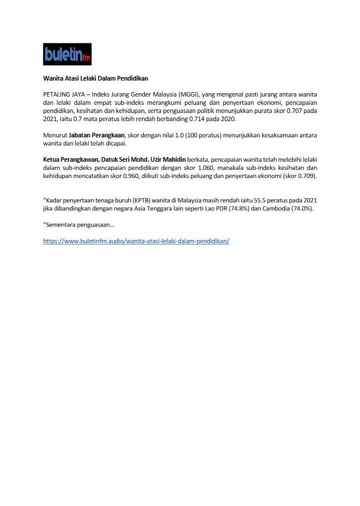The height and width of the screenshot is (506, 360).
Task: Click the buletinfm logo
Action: coord(67,55)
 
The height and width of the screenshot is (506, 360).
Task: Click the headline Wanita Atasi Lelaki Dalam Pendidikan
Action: coord(96,77)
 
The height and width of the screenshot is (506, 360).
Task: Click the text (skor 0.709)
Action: coord(300,176)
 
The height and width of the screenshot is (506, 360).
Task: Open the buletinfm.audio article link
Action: coord(136,241)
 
